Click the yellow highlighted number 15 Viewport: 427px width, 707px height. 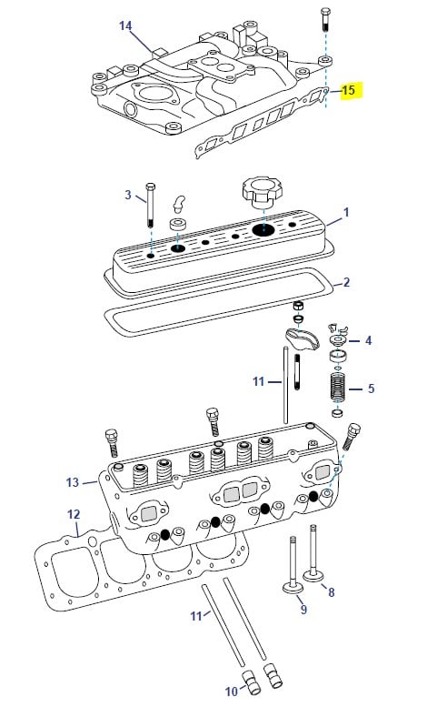348,91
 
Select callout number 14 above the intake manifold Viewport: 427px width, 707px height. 124,25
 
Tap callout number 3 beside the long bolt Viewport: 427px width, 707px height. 128,194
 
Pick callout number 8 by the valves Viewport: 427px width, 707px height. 331,592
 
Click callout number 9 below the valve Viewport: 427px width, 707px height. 303,611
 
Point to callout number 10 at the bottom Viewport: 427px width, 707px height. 232,692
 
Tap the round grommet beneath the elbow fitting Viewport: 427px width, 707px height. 178,225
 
